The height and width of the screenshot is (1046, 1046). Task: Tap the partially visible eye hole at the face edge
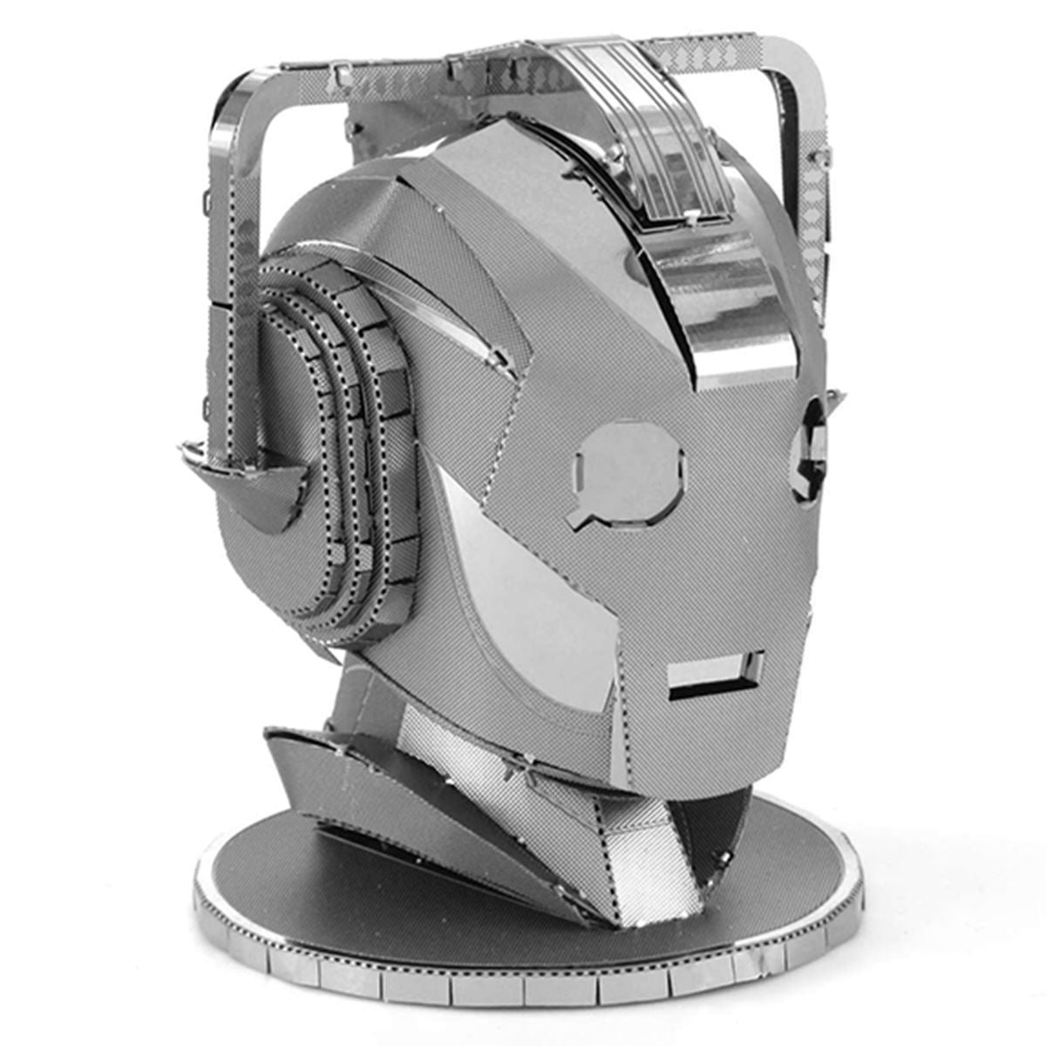pyautogui.click(x=808, y=450)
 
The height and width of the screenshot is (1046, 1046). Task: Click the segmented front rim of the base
pyautogui.click(x=523, y=985)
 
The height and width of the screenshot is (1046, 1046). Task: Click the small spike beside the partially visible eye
pyautogui.click(x=834, y=400)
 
